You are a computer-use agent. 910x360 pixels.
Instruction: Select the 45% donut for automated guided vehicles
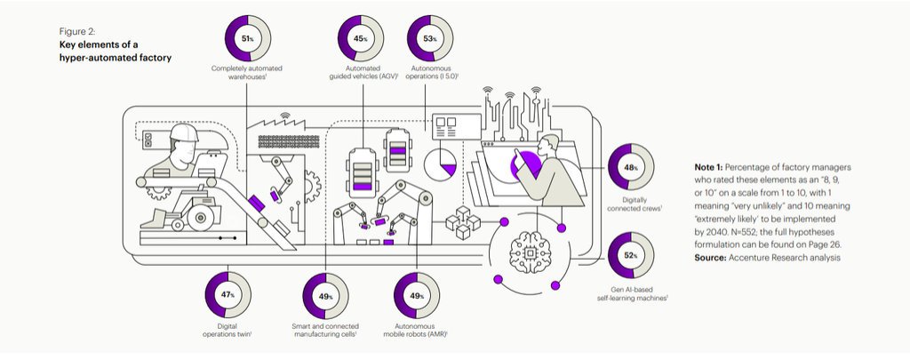(360, 38)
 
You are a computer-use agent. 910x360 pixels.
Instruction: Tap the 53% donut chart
(430, 38)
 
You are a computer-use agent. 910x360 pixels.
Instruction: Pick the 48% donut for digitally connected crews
(632, 167)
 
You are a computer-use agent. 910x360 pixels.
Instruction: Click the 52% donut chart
(632, 255)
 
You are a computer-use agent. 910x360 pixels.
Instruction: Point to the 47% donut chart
(227, 294)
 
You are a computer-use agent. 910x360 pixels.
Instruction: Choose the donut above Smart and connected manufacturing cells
(325, 295)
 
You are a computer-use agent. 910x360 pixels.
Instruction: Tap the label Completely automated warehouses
(247, 73)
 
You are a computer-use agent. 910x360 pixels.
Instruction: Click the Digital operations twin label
(227, 331)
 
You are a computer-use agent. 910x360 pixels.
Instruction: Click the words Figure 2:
(77, 30)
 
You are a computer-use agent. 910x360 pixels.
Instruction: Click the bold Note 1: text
(712, 166)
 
